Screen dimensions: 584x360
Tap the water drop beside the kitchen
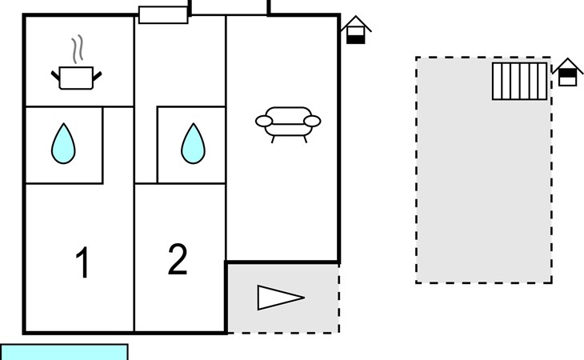(63, 144)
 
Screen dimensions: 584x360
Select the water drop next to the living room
(193, 144)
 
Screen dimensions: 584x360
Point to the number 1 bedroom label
(82, 262)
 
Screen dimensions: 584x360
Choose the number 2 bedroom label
(178, 259)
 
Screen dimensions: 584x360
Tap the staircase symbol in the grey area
(519, 81)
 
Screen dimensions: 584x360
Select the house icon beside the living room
(356, 30)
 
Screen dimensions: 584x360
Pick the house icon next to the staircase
(568, 72)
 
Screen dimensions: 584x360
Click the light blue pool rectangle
(64, 352)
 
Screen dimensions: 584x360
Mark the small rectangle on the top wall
(163, 15)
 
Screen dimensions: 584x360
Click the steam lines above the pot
(78, 49)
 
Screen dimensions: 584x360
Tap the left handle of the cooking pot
(55, 76)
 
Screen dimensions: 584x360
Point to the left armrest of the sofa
(264, 121)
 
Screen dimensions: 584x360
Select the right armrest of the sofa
(312, 121)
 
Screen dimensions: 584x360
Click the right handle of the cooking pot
(98, 76)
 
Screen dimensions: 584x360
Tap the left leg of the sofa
(273, 139)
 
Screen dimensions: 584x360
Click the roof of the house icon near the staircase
(568, 66)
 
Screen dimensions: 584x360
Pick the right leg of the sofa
(305, 139)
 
